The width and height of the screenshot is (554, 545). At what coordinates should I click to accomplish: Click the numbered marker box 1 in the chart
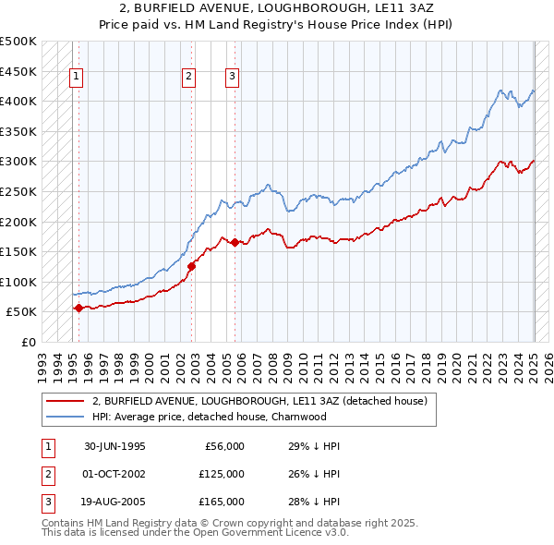click(x=75, y=78)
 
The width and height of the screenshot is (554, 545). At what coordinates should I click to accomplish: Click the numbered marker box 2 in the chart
click(x=187, y=78)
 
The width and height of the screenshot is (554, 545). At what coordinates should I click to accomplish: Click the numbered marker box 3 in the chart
click(x=232, y=78)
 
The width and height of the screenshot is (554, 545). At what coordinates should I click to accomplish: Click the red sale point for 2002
click(x=192, y=266)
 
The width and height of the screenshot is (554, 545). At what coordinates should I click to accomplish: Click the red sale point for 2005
click(x=235, y=242)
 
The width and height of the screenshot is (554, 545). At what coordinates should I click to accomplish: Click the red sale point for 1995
click(x=78, y=308)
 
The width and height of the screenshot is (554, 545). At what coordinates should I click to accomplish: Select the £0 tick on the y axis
click(x=30, y=342)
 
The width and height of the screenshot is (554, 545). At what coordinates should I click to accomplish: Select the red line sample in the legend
click(x=65, y=402)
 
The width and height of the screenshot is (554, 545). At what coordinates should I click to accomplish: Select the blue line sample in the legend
click(x=65, y=417)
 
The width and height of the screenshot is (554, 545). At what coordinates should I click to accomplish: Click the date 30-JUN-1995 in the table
click(x=114, y=446)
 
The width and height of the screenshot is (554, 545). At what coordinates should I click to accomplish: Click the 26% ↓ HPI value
click(x=314, y=474)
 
